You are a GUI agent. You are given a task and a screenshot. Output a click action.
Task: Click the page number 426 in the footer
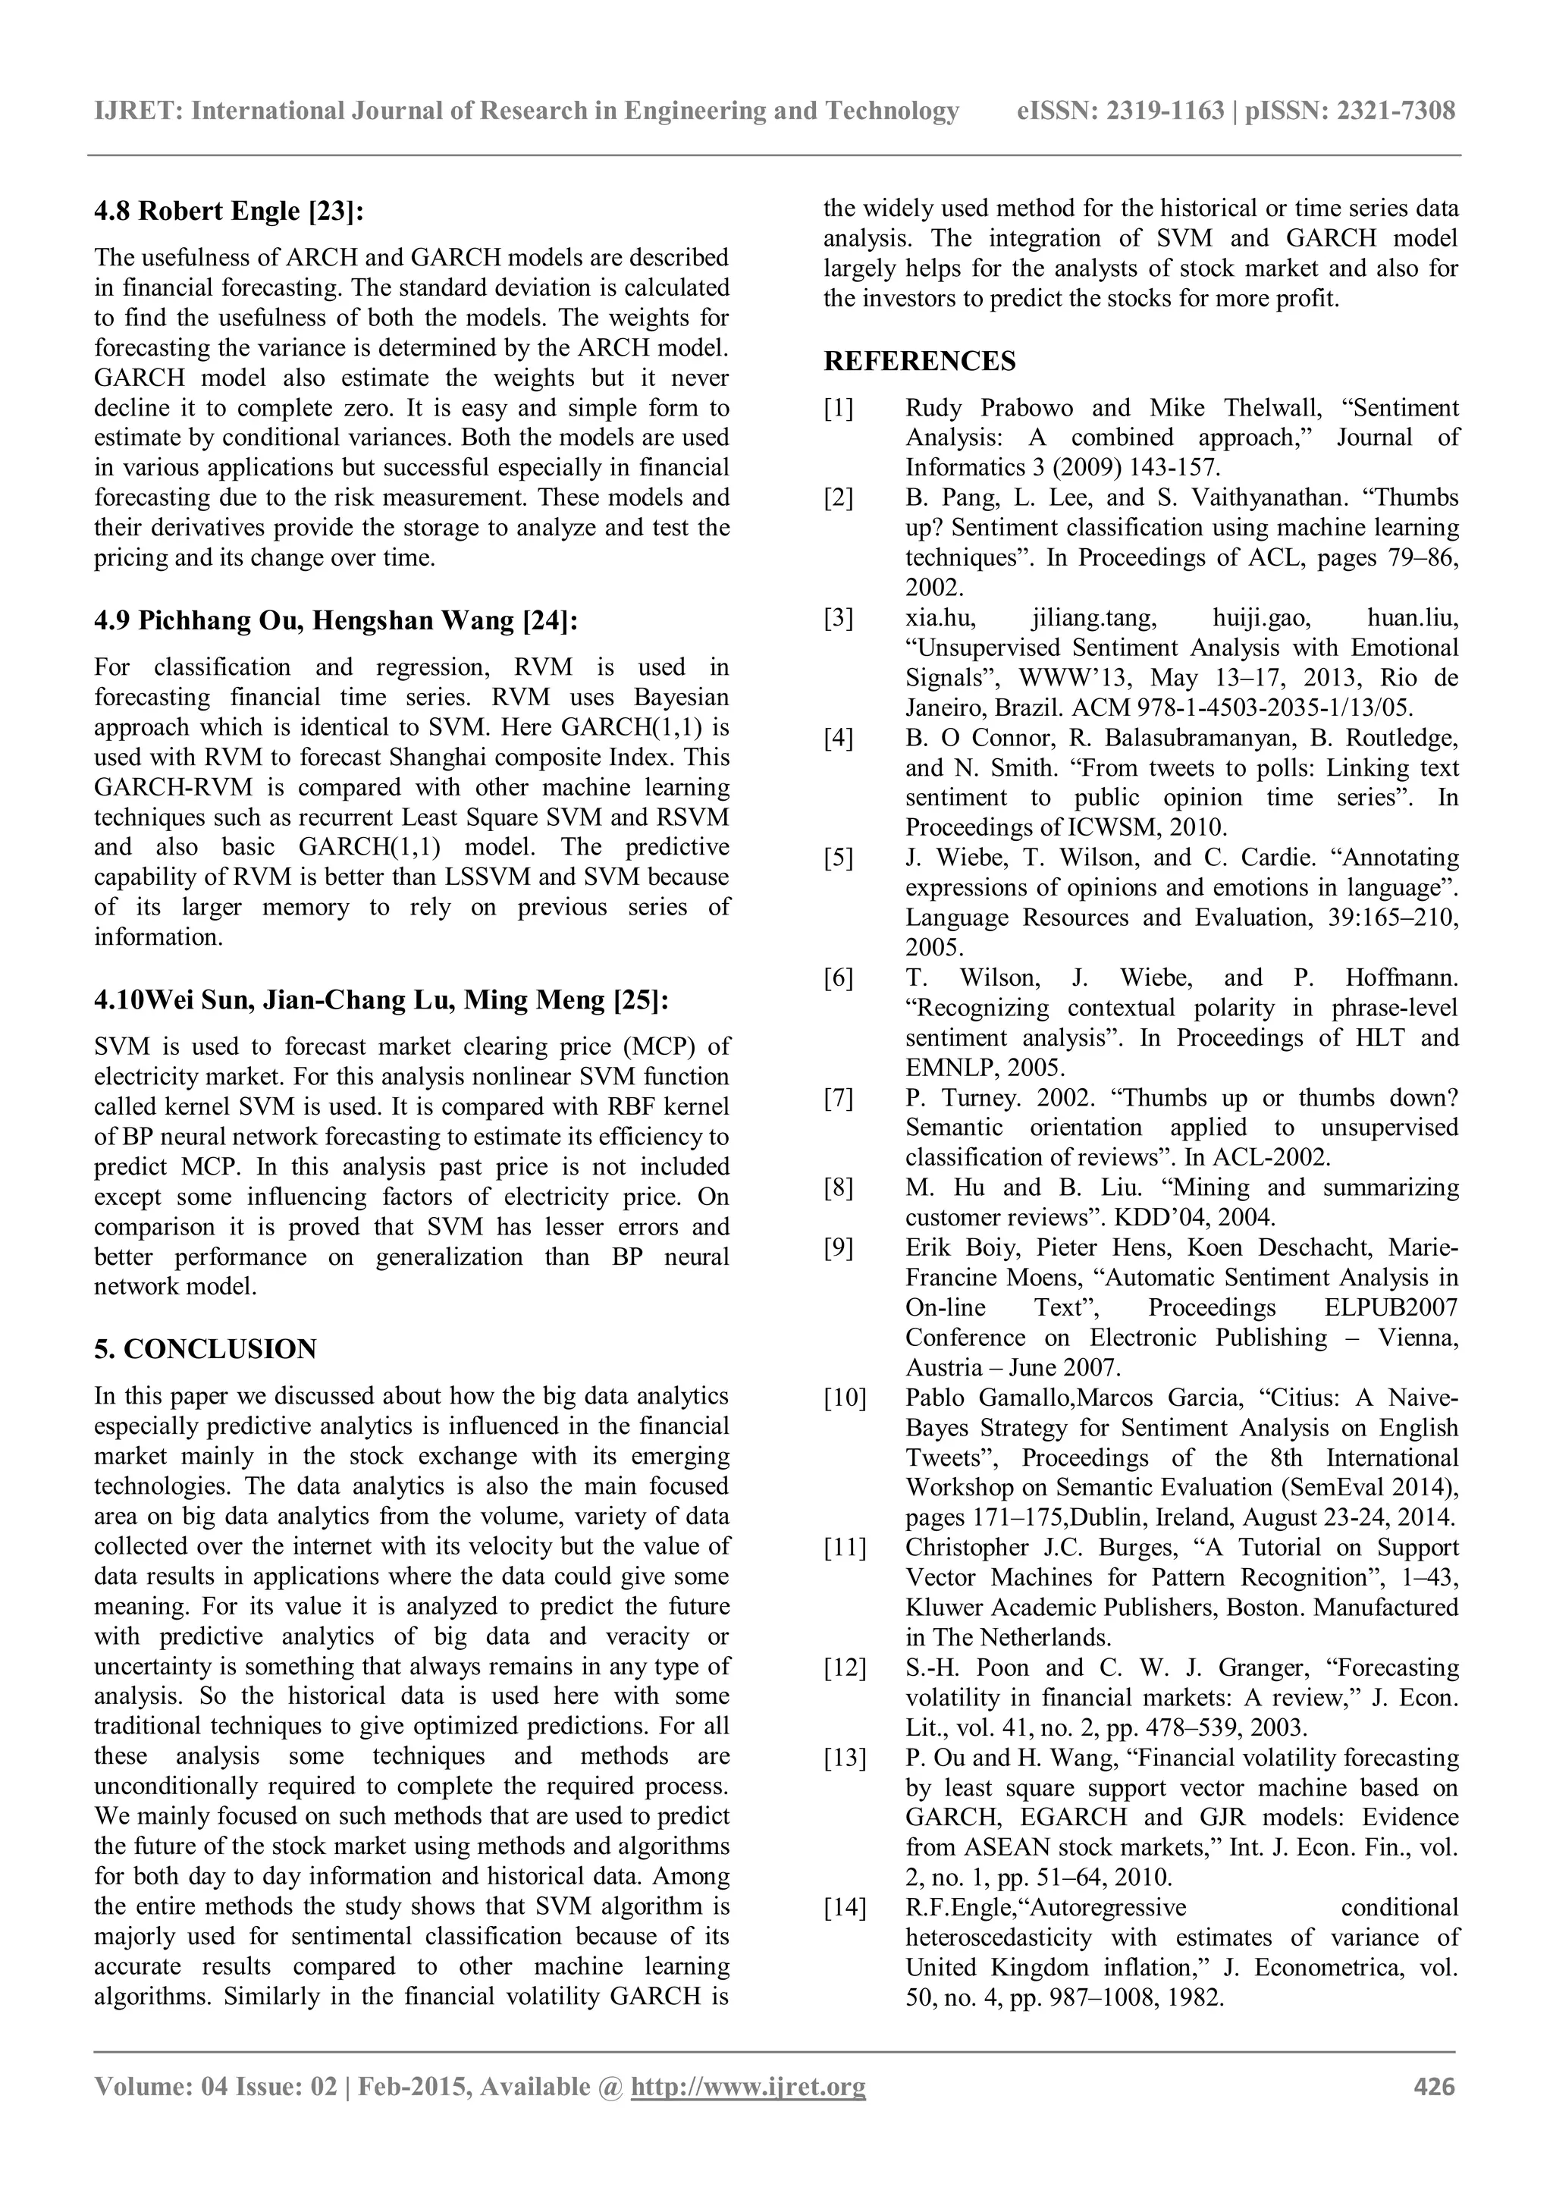coord(1433,2087)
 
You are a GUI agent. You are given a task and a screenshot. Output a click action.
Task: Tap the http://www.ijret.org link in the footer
coord(748,2087)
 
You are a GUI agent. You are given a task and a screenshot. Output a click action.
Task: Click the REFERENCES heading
coord(920,362)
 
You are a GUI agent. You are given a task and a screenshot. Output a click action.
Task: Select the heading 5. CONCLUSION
coord(205,1350)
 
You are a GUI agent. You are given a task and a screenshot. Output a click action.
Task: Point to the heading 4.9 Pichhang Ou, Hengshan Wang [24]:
coord(336,621)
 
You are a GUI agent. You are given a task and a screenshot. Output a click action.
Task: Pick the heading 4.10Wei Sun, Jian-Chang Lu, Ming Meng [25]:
coord(381,1000)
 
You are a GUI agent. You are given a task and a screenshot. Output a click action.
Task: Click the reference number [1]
coord(839,409)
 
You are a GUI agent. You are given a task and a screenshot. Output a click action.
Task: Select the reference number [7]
coord(839,1097)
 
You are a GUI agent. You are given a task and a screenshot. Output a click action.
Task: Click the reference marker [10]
coord(845,1398)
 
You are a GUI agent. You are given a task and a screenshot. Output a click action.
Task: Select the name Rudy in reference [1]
coord(933,409)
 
